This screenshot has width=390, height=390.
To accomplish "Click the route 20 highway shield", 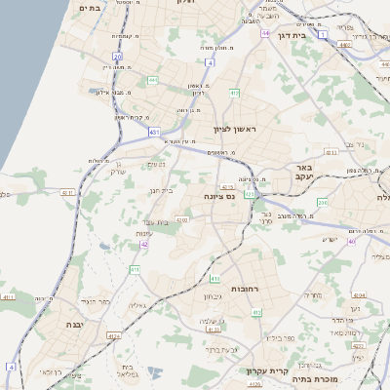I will point(116,57).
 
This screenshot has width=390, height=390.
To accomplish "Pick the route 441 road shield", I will point(152,80).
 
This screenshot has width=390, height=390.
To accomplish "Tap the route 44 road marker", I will point(265,33).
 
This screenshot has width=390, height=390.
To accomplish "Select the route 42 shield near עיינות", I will point(144,245).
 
